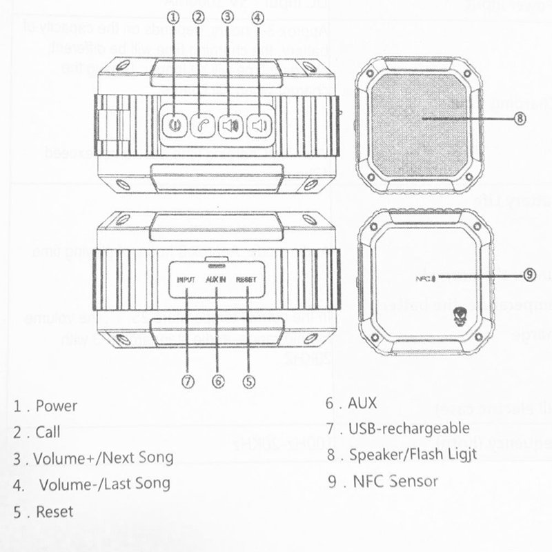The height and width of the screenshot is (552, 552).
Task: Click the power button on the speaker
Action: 175,126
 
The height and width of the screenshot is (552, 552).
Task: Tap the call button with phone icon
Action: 201,126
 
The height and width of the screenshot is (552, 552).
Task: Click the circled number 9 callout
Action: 529,275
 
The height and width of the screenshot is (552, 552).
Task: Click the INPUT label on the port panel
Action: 186,280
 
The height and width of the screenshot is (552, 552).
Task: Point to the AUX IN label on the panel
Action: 217,280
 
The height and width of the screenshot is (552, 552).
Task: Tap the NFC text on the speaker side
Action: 422,279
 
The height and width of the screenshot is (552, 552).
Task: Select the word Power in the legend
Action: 57,406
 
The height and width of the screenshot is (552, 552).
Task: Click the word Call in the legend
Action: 48,433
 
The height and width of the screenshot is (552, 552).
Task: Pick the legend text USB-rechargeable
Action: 408,429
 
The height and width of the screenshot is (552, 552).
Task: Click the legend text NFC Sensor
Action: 394,481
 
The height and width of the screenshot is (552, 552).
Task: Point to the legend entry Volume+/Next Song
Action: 103,457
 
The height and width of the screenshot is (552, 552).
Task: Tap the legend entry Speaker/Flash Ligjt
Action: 413,455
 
